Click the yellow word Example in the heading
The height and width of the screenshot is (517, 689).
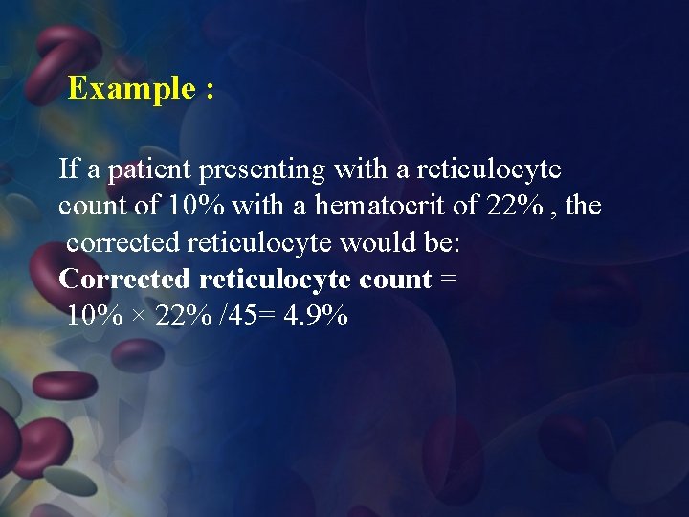(131, 89)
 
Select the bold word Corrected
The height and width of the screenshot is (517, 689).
(124, 279)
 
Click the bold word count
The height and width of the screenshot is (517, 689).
(394, 280)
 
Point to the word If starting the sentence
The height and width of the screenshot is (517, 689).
(69, 169)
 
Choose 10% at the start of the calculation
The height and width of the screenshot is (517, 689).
(95, 315)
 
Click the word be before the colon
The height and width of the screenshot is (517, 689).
(440, 242)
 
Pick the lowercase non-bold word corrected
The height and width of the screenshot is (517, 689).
(123, 242)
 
